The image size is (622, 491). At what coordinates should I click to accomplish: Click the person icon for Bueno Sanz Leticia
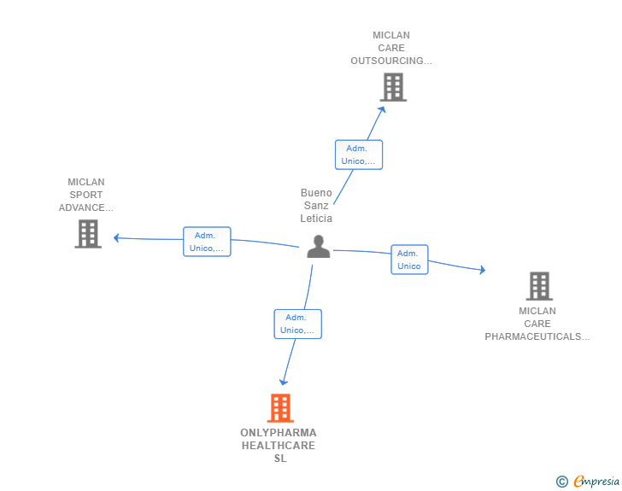(318, 247)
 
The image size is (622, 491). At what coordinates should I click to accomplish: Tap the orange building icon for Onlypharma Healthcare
(280, 407)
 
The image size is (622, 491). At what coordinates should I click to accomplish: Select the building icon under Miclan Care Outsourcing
(393, 87)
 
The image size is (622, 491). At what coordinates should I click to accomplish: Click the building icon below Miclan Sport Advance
(88, 234)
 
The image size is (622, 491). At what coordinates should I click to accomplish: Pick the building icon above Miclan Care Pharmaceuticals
(539, 286)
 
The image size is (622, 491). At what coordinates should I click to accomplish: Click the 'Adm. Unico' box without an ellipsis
(409, 260)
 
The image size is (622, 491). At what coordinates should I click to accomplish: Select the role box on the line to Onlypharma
(298, 324)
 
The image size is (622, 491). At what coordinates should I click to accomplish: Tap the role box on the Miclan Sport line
(207, 242)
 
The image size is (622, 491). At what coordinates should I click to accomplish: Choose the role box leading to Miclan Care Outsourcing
(359, 155)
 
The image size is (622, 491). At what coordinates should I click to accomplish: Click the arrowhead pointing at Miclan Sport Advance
(116, 238)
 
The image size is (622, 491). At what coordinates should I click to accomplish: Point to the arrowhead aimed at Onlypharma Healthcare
(284, 382)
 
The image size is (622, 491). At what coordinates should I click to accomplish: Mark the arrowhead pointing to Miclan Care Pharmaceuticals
(483, 270)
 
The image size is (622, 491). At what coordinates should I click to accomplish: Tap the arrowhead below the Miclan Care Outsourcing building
(383, 109)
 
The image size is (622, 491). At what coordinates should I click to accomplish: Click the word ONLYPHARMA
(279, 433)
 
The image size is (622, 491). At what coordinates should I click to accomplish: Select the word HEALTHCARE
(279, 446)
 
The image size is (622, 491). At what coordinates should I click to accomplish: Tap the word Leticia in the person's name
(316, 218)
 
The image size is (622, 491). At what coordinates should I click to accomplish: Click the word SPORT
(86, 195)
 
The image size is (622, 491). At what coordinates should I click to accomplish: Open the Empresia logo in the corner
(588, 482)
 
